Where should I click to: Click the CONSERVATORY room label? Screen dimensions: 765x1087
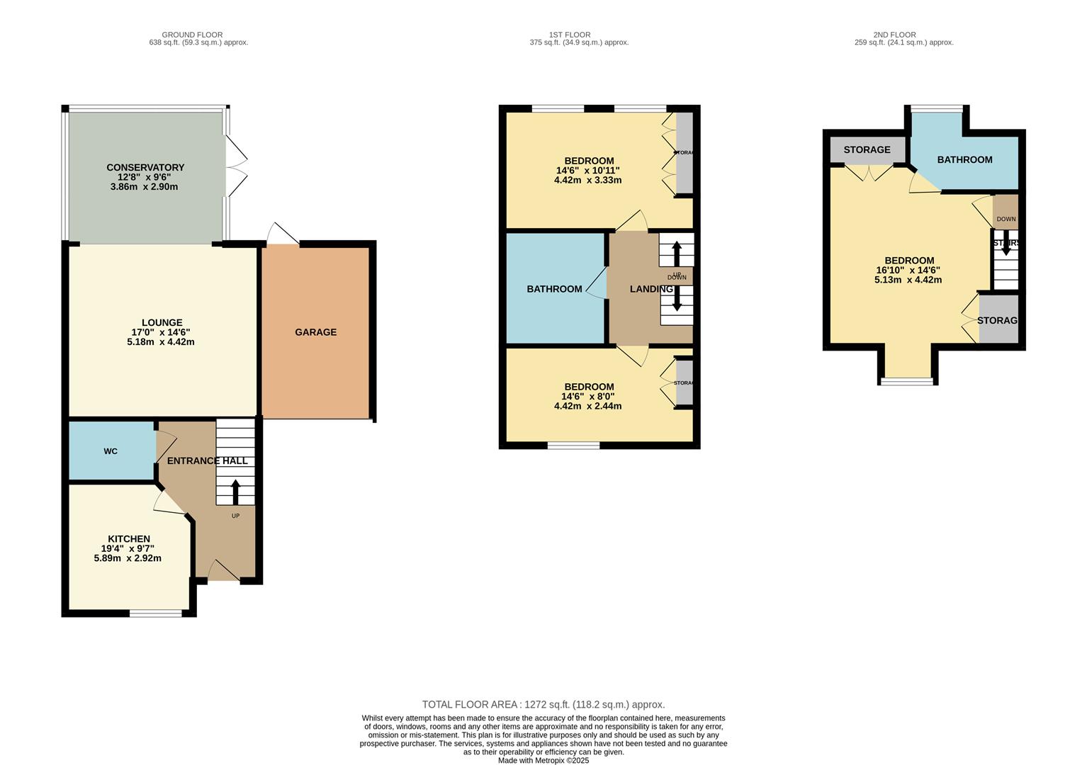145,168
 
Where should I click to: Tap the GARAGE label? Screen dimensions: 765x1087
316,332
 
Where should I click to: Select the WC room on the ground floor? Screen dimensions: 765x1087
111,451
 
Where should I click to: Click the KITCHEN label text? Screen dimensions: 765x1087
128,539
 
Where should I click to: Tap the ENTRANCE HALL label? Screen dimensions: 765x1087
207,461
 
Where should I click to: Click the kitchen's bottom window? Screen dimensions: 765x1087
155,613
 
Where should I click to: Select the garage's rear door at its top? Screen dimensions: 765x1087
283,236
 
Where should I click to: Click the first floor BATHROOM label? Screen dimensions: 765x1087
554,289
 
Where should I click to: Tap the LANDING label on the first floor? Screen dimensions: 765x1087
651,289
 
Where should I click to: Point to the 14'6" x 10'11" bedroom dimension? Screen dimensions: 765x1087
587,171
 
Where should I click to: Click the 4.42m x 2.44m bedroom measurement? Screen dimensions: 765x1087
587,407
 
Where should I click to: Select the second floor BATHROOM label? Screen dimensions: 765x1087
964,160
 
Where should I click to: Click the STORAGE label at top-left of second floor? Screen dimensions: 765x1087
867,150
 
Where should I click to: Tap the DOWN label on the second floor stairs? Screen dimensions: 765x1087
1006,220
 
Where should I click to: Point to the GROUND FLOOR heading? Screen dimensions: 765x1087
192,35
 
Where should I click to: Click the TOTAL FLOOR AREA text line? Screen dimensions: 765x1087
543,705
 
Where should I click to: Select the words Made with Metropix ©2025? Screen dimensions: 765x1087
543,761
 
